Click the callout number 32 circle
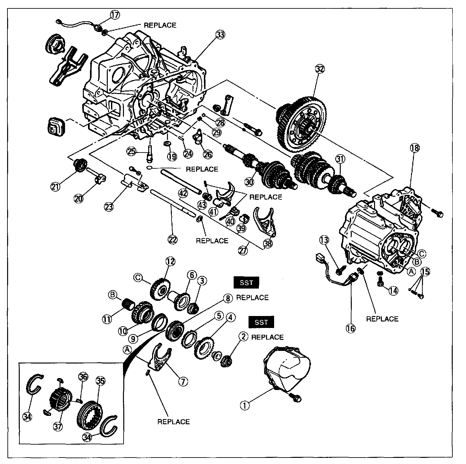(319, 69)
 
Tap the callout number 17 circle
(115, 15)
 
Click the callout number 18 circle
(415, 148)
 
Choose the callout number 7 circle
(183, 382)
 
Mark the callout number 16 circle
(350, 328)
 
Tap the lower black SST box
(261, 322)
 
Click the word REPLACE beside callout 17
(160, 25)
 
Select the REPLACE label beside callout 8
(252, 298)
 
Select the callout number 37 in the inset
(58, 426)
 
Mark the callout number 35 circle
(101, 381)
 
